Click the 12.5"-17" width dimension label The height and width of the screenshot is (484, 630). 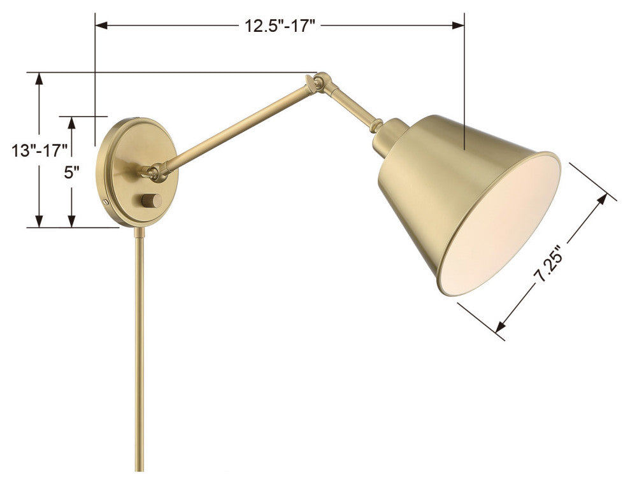point(280,26)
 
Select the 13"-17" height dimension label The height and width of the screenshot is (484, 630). point(39,151)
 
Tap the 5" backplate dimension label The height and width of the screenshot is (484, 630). point(71,173)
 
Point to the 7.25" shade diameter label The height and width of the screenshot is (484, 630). point(548,264)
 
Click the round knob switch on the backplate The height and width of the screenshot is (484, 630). point(152,201)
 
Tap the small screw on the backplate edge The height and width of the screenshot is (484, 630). point(105,201)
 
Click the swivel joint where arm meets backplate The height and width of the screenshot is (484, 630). point(155,170)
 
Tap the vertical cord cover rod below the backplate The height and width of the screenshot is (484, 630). point(139,350)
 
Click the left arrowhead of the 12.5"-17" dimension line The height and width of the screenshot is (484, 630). point(100,26)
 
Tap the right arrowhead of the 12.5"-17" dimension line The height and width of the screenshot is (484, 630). point(459,26)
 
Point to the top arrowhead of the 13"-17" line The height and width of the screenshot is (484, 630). point(39,78)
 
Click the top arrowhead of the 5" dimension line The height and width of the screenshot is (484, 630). point(71,122)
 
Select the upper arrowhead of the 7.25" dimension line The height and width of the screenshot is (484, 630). point(602,200)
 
